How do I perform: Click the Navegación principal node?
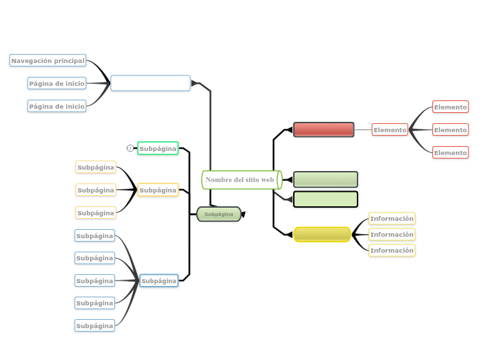[x=48, y=61]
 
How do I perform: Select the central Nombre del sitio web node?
[x=240, y=180]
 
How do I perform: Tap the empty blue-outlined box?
[x=150, y=83]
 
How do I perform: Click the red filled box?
[x=324, y=129]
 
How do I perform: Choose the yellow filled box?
[x=322, y=235]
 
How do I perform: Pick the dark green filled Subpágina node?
[x=219, y=215]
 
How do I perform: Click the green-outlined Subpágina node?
[x=158, y=148]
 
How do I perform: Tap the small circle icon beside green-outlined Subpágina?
[x=130, y=148]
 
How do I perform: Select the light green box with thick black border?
[x=325, y=199]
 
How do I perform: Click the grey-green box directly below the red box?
[x=325, y=180]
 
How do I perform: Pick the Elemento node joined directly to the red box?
[x=390, y=129]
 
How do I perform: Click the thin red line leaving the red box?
[x=363, y=129]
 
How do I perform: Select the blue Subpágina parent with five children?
[x=159, y=280]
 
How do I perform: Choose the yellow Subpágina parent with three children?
[x=158, y=190]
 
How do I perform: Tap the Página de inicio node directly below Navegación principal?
[x=57, y=84]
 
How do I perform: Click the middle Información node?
[x=392, y=235]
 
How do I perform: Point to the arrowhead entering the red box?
[x=288, y=129]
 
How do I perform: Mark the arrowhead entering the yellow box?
[x=288, y=235]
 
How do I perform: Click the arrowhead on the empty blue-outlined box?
[x=195, y=83]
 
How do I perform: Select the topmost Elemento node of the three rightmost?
[x=450, y=107]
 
